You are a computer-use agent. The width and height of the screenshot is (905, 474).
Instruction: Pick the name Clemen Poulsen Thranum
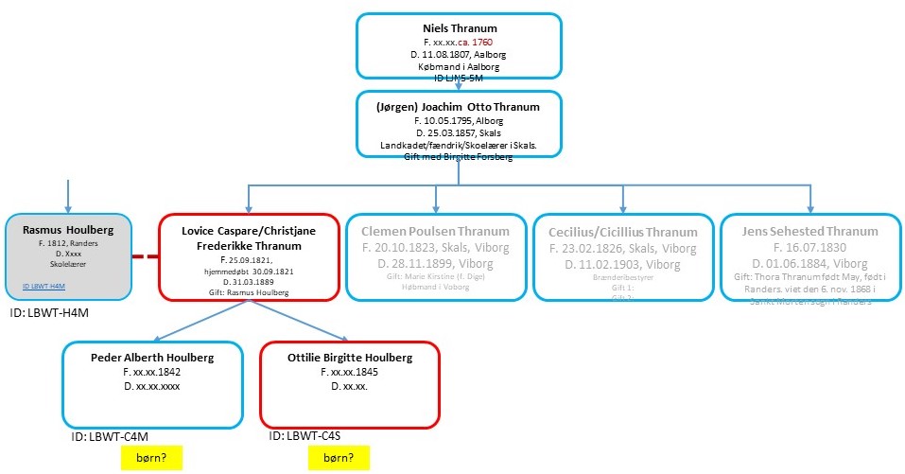pyautogui.click(x=435, y=231)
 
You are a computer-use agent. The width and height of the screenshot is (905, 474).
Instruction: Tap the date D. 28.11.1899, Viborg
pyautogui.click(x=435, y=263)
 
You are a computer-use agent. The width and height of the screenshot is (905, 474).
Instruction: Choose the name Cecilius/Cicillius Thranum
pyautogui.click(x=623, y=232)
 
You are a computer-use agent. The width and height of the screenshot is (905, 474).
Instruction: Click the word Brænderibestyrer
pyautogui.click(x=623, y=280)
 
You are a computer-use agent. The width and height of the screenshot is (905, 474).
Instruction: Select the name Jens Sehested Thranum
pyautogui.click(x=810, y=231)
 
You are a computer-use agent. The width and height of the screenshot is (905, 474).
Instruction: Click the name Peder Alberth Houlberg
pyautogui.click(x=152, y=358)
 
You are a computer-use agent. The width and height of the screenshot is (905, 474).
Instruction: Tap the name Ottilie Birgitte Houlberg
pyautogui.click(x=350, y=358)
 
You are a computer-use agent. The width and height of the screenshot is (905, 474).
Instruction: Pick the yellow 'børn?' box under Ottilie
pyautogui.click(x=339, y=459)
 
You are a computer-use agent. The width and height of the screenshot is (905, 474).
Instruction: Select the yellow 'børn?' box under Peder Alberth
pyautogui.click(x=150, y=459)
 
